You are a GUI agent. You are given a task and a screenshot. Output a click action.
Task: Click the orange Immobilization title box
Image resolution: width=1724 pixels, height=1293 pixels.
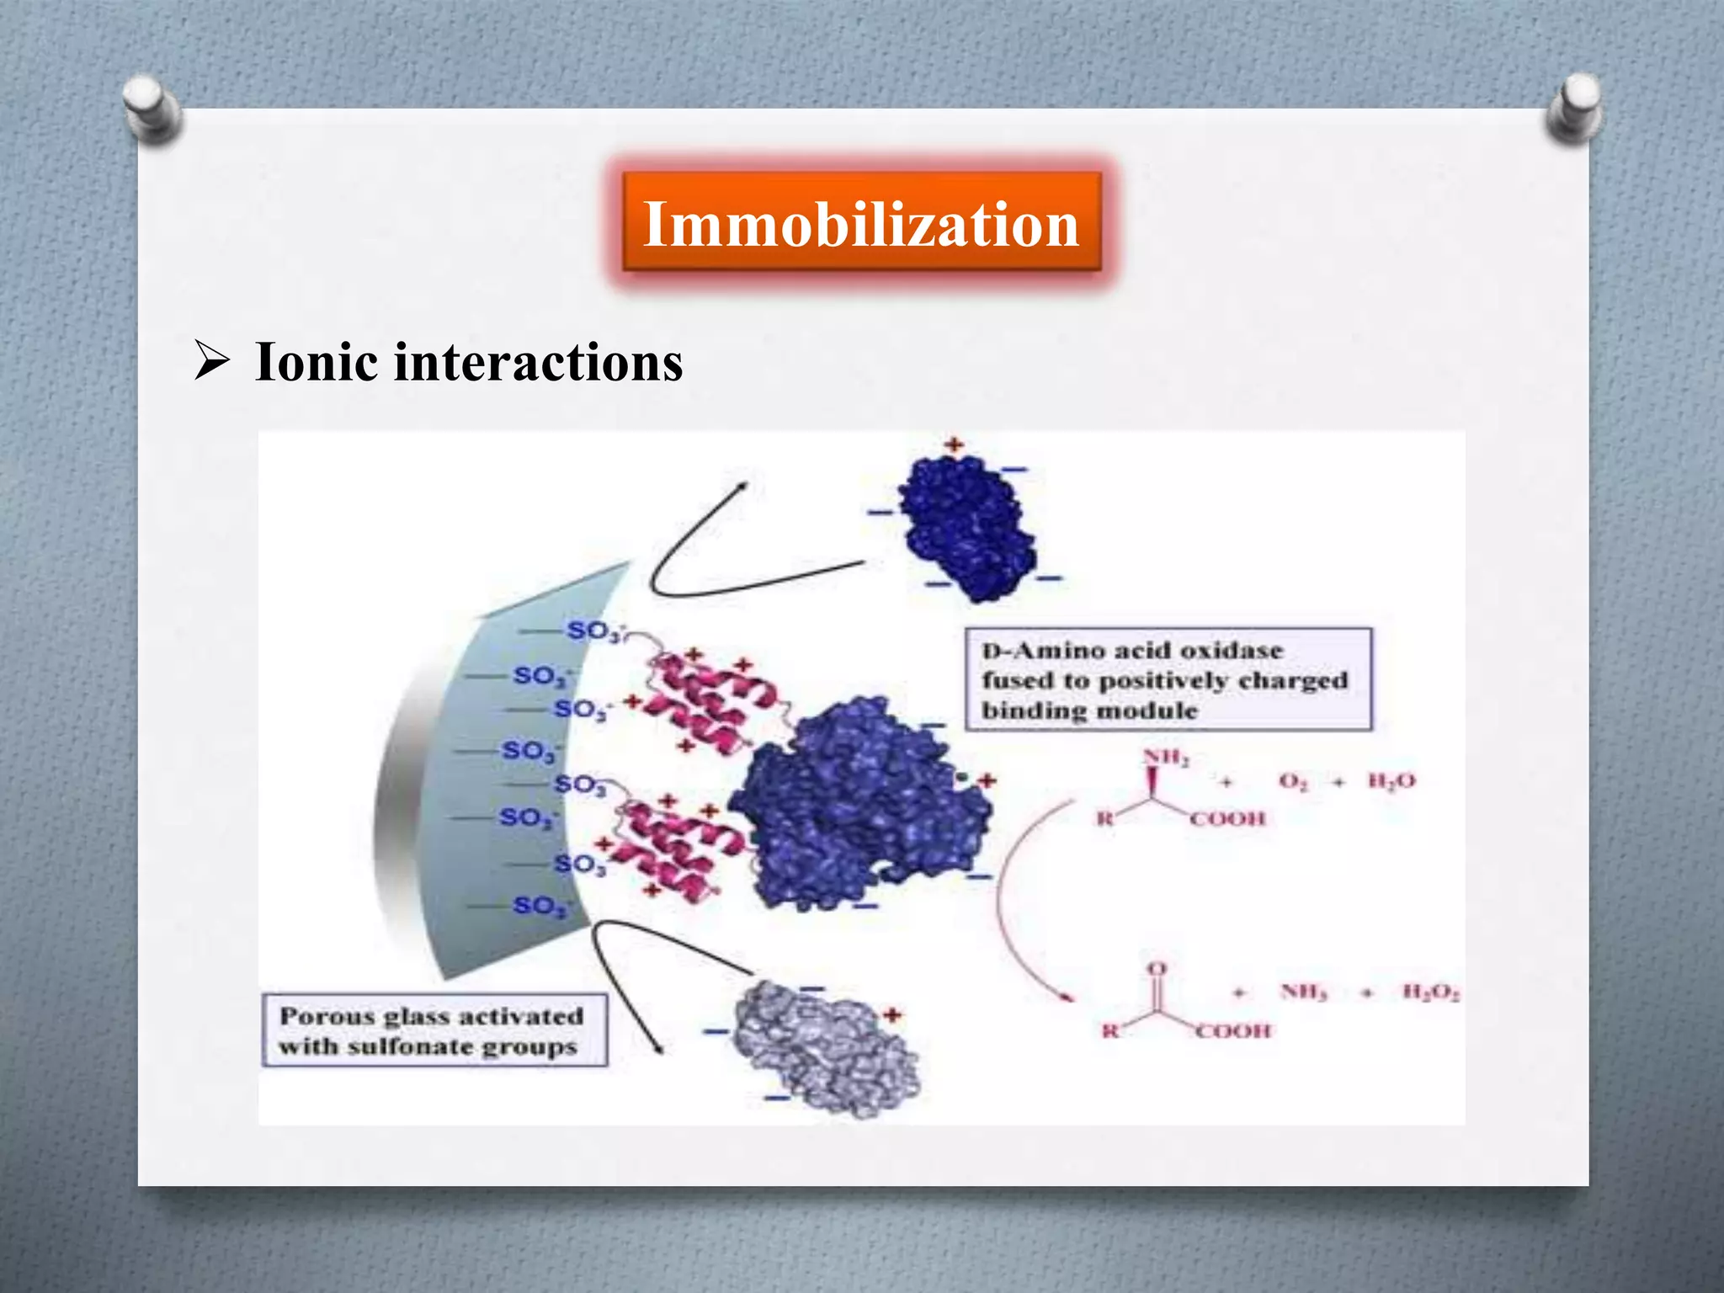coord(860,224)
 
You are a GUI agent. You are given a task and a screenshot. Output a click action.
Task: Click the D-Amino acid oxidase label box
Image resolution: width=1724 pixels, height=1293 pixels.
coord(1167,679)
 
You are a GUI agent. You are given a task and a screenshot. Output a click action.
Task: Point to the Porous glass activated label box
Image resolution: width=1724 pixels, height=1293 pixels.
coord(434,1031)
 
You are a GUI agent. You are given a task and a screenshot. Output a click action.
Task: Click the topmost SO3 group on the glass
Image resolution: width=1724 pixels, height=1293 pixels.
coord(594,631)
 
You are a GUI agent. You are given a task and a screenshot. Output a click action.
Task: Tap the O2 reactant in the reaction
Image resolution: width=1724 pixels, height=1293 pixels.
coord(1292,781)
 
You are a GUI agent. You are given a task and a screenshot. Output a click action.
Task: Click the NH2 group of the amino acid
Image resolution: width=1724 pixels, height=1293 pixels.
coord(1165,757)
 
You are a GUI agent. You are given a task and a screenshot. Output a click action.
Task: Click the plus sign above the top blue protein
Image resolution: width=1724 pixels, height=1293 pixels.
coord(953,444)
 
